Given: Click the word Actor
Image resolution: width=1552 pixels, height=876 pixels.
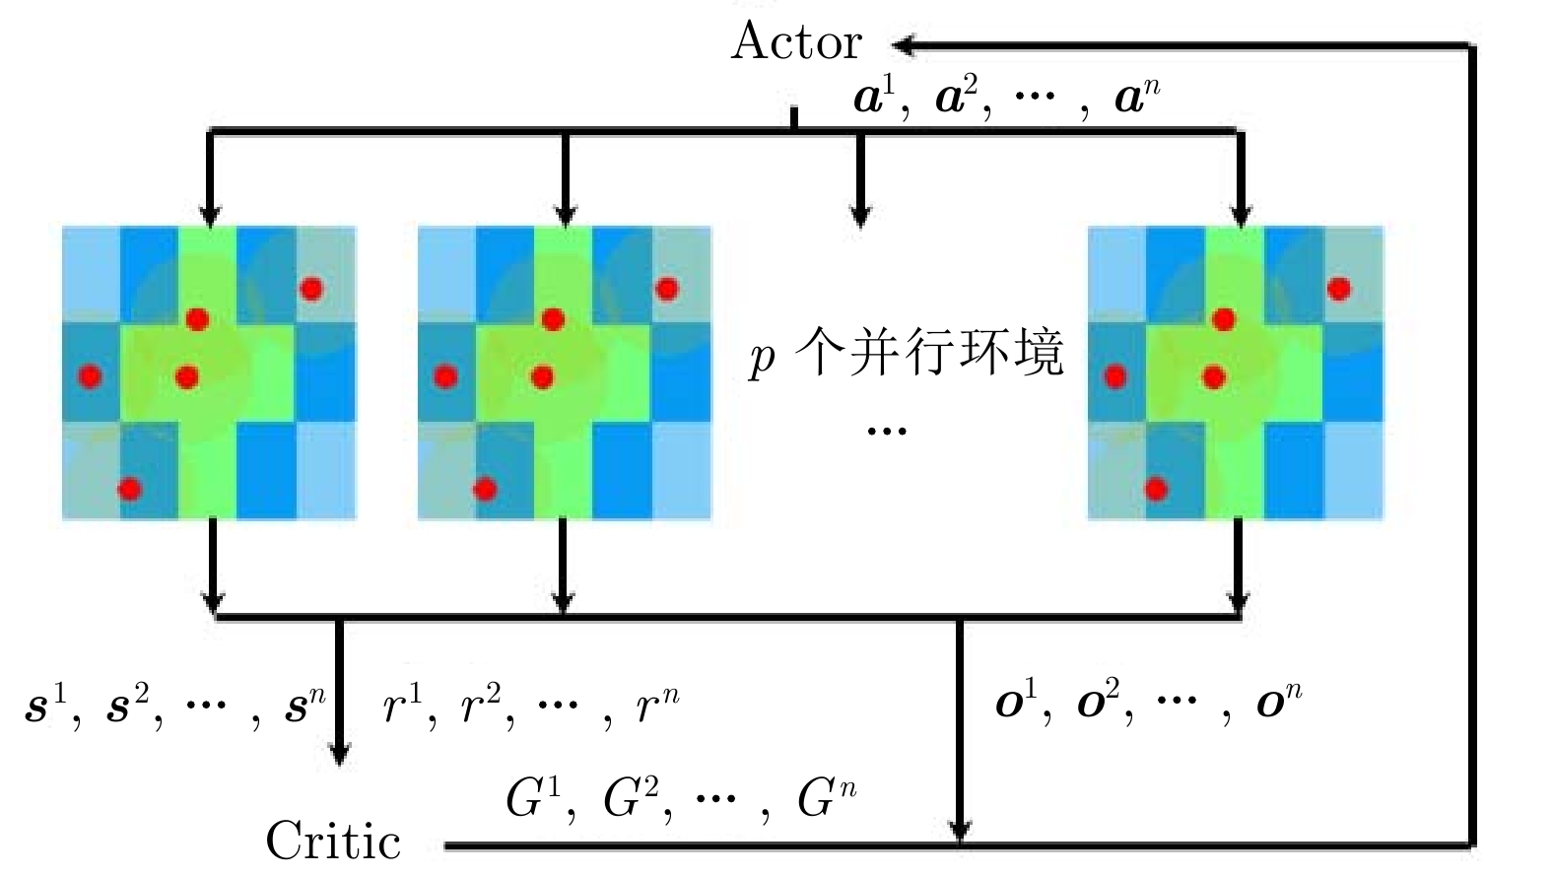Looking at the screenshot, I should [x=796, y=42].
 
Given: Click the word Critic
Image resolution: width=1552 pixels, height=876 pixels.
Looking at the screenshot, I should [x=333, y=841].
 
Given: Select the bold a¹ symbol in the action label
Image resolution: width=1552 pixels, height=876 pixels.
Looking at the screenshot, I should [x=874, y=98].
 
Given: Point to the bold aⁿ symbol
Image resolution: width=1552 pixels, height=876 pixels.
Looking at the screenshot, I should [x=1136, y=98].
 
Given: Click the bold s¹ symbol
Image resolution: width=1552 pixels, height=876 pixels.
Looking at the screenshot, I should [x=44, y=707].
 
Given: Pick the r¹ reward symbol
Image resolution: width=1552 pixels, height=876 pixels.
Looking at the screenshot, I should [x=402, y=705].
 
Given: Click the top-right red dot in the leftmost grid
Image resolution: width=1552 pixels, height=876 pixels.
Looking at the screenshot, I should [x=311, y=289].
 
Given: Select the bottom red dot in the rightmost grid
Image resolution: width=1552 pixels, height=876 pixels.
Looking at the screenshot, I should [x=1156, y=489].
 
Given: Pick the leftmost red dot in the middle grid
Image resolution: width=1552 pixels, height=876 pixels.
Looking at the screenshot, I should [x=445, y=376].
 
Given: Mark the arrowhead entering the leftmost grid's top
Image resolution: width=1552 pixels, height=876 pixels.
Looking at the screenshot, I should [x=209, y=215].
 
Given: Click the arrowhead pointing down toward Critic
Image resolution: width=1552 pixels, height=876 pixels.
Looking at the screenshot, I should [x=339, y=755].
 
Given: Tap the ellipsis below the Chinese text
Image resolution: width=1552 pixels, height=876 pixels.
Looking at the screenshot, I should [x=887, y=431].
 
